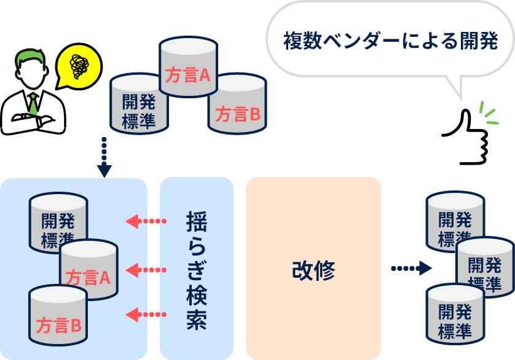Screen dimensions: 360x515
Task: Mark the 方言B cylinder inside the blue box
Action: pos(58,316)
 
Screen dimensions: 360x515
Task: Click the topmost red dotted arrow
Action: pos(145,221)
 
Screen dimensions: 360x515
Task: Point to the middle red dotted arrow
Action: pos(145,269)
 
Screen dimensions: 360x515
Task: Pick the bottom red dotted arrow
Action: pos(145,316)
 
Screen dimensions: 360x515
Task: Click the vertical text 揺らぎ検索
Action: pos(196,270)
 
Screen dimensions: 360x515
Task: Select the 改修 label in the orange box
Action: pos(313,270)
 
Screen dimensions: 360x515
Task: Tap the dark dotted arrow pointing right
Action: pos(411,268)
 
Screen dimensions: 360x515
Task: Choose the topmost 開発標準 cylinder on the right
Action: pos(455,218)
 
